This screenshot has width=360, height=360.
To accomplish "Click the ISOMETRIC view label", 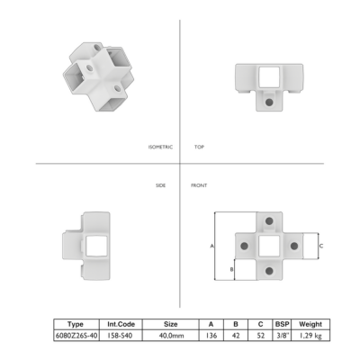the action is [x=160, y=147].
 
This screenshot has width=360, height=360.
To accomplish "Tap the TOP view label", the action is [x=199, y=147].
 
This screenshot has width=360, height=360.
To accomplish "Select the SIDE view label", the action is [x=160, y=185].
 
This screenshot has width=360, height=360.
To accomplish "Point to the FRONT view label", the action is [x=199, y=185].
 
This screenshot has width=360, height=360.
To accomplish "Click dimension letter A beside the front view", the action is [x=211, y=246].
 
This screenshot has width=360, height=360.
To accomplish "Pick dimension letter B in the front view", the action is [x=231, y=269].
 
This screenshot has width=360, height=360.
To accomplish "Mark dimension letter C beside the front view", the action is [x=321, y=246].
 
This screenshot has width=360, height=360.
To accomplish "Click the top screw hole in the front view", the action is [x=269, y=221].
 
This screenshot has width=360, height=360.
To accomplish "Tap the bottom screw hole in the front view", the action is [x=269, y=271].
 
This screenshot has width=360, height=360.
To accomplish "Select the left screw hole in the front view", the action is [x=245, y=247].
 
